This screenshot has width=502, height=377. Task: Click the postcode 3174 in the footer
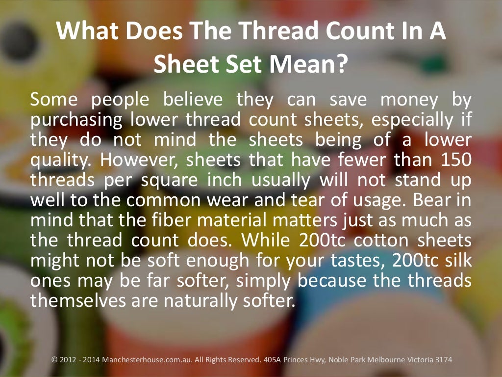[x=442, y=360]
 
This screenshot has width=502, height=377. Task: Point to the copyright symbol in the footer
[x=54, y=360]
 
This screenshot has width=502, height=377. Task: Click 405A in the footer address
[x=272, y=360]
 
